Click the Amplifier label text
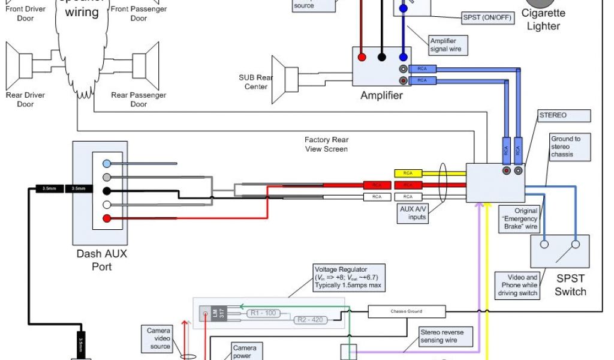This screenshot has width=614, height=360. pyautogui.click(x=381, y=95)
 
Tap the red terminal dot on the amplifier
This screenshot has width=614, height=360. pyautogui.click(x=362, y=58)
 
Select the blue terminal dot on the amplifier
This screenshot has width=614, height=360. pyautogui.click(x=404, y=58)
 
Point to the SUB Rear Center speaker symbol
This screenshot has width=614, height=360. pyautogui.click(x=285, y=80)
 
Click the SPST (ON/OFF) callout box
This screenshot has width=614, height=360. pyautogui.click(x=487, y=17)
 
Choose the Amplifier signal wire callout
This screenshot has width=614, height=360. pyautogui.click(x=446, y=45)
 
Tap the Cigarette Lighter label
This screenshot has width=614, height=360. pyautogui.click(x=543, y=19)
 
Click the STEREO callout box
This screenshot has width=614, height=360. pyautogui.click(x=553, y=115)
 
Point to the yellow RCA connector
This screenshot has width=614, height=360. pyautogui.click(x=408, y=173)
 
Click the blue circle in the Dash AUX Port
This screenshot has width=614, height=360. pyautogui.click(x=106, y=163)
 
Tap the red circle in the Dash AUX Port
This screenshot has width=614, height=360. pyautogui.click(x=106, y=218)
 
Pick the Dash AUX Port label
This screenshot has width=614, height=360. pyautogui.click(x=101, y=259)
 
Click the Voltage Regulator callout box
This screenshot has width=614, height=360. pyautogui.click(x=348, y=278)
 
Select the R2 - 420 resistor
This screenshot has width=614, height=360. pyautogui.click(x=309, y=320)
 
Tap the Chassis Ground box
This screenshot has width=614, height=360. pyautogui.click(x=407, y=311)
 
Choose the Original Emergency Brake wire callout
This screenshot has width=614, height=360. pyautogui.click(x=519, y=219)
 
